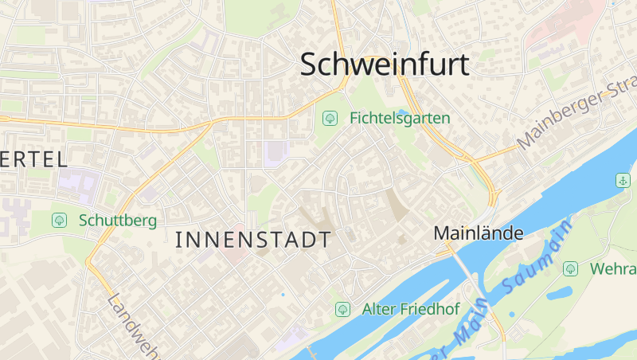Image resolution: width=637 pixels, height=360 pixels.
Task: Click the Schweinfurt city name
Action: [385, 65]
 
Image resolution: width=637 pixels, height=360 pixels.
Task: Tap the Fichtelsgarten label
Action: [400, 118]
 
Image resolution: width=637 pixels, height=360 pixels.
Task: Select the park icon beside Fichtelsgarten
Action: [329, 118]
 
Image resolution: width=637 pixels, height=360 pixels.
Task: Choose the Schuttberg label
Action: [117, 220]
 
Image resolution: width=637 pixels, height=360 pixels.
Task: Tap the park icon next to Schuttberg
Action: [58, 220]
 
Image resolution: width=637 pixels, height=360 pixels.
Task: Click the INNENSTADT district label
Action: [252, 239]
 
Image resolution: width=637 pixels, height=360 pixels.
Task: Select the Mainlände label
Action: [478, 233]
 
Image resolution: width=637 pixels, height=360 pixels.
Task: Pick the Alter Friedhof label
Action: [411, 309]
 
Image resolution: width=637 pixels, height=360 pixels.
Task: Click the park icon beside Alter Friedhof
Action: [342, 309]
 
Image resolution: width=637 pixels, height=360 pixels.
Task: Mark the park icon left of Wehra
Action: [570, 269]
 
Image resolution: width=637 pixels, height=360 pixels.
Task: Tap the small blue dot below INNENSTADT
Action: [282, 295]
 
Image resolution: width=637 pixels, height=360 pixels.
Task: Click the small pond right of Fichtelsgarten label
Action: [403, 113]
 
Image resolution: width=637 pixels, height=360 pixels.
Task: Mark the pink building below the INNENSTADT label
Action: [236, 256]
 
